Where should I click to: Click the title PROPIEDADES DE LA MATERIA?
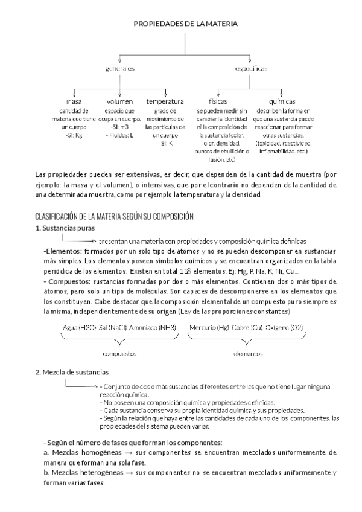pos(185,24)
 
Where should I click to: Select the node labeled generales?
pos(120,70)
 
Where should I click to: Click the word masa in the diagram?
pos(74,101)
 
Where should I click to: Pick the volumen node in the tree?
pos(119,101)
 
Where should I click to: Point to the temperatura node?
pos(165,101)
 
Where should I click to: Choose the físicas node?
pos(217,101)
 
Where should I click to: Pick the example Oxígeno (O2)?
pos(286,327)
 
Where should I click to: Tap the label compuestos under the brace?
pos(119,353)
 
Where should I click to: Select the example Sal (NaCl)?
pos(112,327)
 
